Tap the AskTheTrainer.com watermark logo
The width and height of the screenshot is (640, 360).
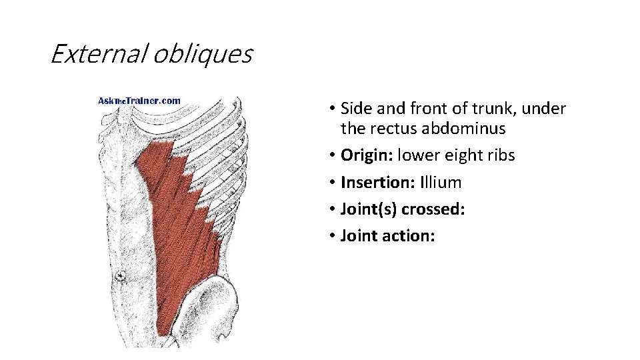coord(139,101)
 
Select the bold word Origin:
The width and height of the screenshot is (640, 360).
coord(367,155)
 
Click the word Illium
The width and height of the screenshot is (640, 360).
coord(439,183)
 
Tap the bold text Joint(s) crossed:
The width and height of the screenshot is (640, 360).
coord(403,209)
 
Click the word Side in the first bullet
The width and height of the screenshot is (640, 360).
coord(354,108)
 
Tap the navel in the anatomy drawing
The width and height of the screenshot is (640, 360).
coord(121,275)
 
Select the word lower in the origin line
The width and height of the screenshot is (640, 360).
coord(417,155)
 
